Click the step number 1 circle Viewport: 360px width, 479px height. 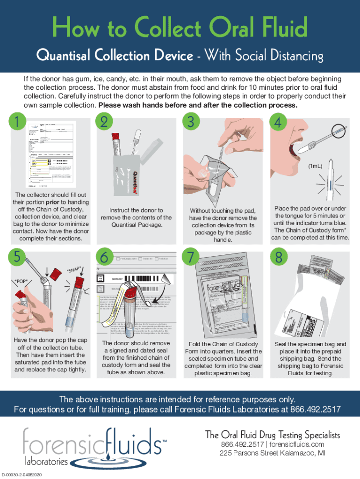pos(17,122)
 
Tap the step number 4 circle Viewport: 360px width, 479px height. pos(277,122)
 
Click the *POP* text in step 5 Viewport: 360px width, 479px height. pos(21,281)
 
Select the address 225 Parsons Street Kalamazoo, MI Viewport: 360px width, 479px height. pos(273,453)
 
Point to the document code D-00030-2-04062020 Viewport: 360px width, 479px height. pos(29,474)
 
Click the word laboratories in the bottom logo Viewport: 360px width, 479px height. pos(46,461)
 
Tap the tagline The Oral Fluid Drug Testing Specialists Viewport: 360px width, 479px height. pos(273,435)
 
